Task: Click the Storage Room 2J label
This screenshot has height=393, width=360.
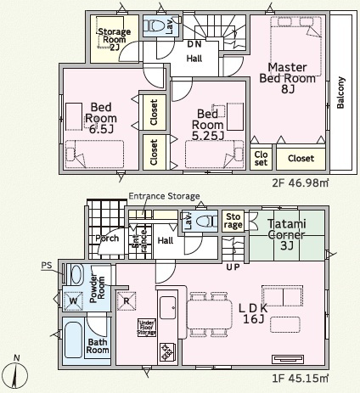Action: [x=115, y=39]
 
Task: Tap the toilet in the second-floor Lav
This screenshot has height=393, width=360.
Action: [x=154, y=26]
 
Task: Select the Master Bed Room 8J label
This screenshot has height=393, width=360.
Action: [x=287, y=78]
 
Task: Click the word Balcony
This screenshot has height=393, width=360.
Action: [x=340, y=93]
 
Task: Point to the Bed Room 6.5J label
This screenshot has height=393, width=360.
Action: [x=101, y=118]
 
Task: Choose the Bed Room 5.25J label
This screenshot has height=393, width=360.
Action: [x=208, y=125]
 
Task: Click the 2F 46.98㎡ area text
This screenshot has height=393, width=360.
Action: [x=301, y=183]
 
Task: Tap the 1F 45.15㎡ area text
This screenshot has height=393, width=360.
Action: [x=301, y=379]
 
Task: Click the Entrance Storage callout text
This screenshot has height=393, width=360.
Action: [x=164, y=196]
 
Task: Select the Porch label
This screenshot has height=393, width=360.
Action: [x=107, y=239]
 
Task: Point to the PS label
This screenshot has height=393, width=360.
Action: [x=47, y=266]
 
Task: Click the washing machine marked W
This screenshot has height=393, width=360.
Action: [x=73, y=300]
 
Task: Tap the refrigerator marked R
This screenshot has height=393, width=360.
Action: [x=127, y=300]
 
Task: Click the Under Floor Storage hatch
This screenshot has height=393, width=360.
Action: [x=147, y=328]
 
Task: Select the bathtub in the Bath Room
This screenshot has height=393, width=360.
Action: [x=73, y=340]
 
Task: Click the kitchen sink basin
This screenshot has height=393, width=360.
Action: [x=167, y=308]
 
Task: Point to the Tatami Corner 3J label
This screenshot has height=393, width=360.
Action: [x=287, y=235]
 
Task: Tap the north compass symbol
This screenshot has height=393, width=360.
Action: [x=17, y=373]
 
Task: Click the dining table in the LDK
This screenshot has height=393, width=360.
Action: [x=210, y=314]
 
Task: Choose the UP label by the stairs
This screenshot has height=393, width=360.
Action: [x=233, y=267]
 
